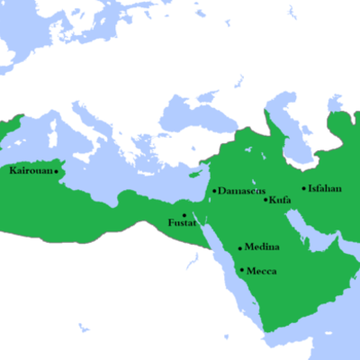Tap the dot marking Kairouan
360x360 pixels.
pos(56,171)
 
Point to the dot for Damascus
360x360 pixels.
pos(213,191)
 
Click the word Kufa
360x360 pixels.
pos(279,200)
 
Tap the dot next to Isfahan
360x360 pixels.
pos(303,189)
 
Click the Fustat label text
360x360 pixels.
pos(183,222)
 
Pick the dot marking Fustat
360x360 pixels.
pos(184,214)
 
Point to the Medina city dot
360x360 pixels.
pos(239,247)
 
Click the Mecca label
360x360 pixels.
pos(262,271)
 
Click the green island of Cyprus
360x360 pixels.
pos(192,172)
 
